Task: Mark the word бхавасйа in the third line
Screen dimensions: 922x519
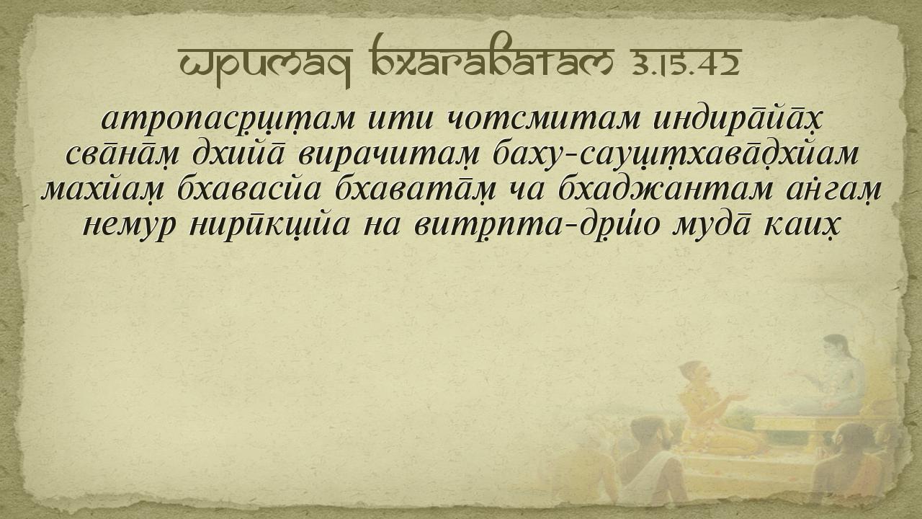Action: point(249,189)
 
